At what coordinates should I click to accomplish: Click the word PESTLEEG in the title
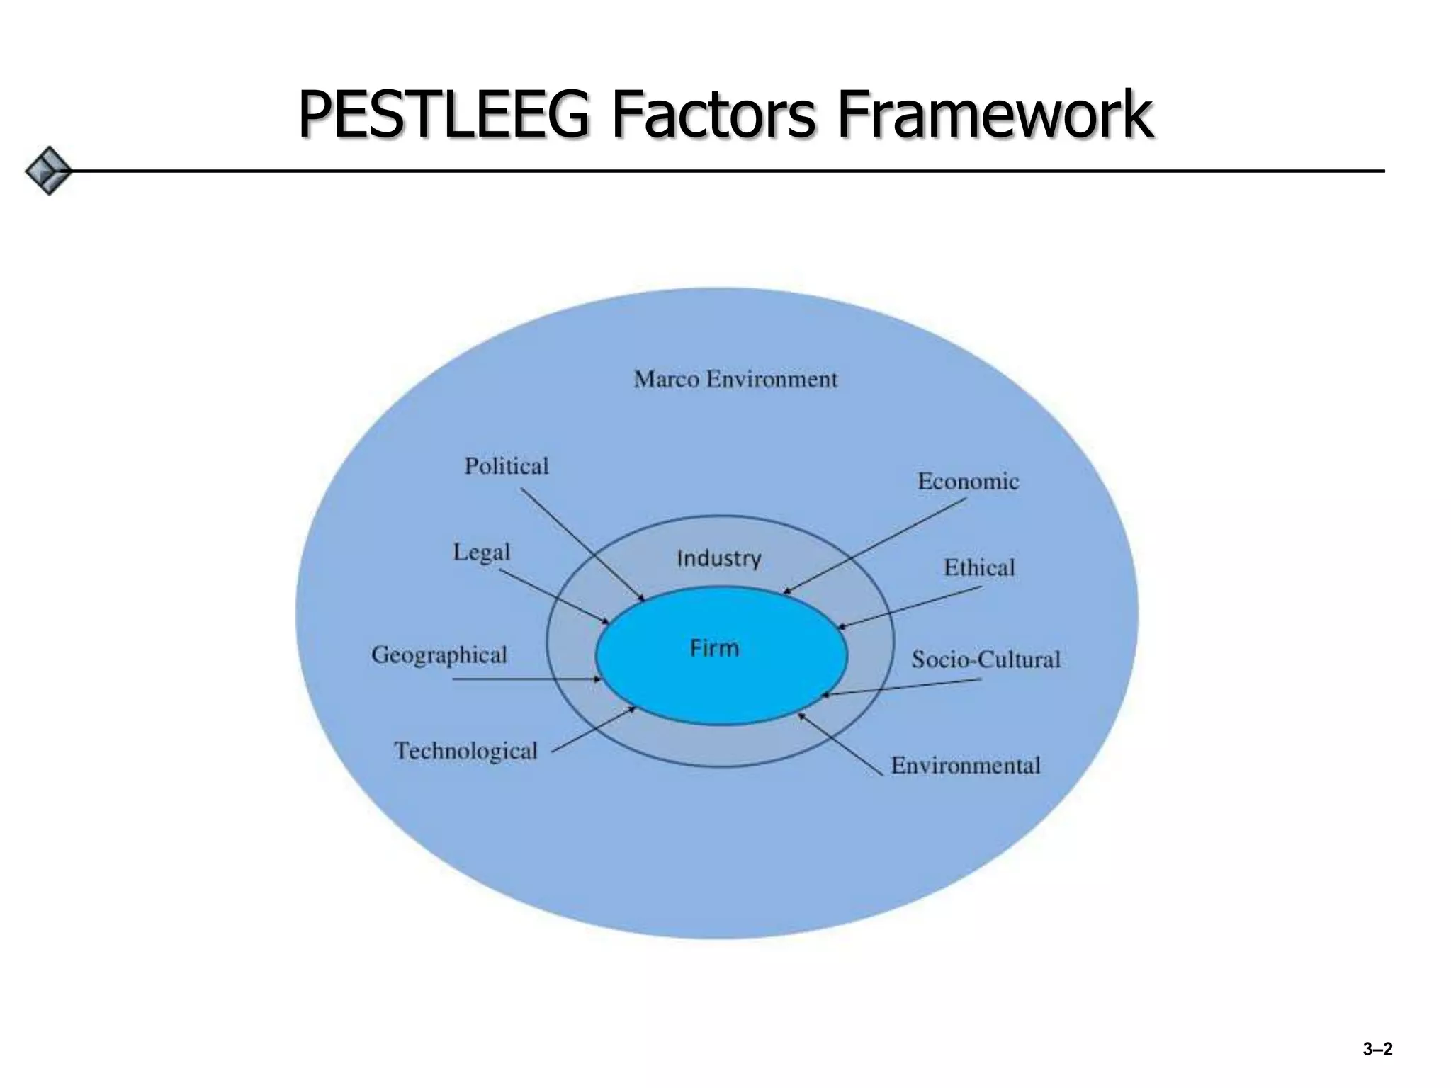click(443, 115)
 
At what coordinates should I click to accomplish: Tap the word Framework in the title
click(995, 115)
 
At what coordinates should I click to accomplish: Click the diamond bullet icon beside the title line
click(48, 171)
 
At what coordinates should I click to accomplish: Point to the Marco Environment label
click(735, 380)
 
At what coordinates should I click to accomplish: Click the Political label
click(507, 466)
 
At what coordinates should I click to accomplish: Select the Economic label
click(968, 482)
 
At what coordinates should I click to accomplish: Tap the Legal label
click(482, 552)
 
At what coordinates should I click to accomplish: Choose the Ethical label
click(979, 567)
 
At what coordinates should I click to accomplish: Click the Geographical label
click(439, 654)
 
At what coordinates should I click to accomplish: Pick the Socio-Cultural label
click(986, 659)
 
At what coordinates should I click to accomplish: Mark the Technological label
click(466, 751)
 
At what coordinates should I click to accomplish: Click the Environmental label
click(965, 766)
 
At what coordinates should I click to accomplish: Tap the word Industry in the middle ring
click(719, 559)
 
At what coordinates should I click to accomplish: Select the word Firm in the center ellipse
click(715, 648)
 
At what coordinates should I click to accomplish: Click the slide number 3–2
click(1377, 1049)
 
